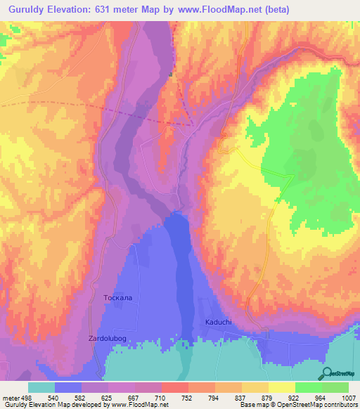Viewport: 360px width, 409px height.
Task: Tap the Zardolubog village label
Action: click(109, 339)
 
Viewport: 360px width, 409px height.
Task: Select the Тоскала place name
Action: click(117, 298)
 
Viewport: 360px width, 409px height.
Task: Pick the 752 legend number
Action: click(188, 398)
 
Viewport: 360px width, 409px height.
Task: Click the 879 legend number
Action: click(268, 398)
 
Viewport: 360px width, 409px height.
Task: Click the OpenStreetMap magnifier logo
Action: click(327, 373)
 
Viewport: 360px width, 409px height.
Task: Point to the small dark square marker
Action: click(170, 74)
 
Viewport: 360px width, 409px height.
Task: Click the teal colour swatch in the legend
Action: click(41, 387)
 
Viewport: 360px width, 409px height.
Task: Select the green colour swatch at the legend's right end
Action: click(335, 387)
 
